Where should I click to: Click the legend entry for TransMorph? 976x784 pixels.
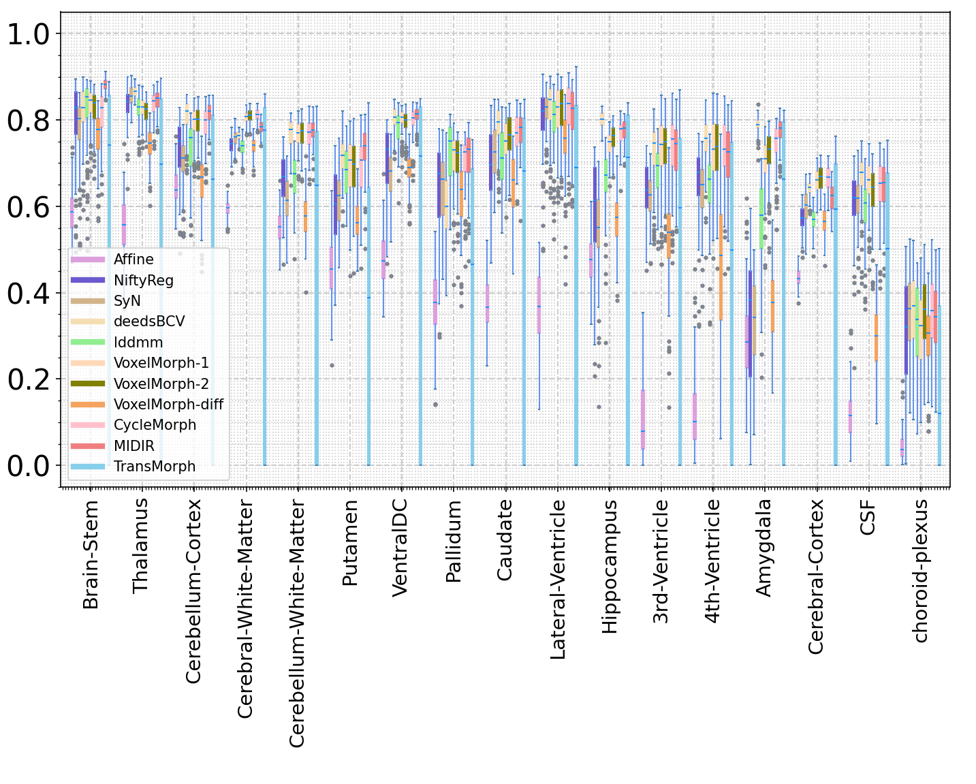(154, 467)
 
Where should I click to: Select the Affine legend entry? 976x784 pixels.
(133, 260)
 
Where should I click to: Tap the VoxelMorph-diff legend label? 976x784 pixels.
(168, 405)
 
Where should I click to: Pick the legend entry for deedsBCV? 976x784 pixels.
(148, 322)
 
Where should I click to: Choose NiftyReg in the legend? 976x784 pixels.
(143, 280)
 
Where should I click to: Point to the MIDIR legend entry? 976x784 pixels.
(133, 446)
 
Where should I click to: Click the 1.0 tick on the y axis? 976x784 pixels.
(29, 34)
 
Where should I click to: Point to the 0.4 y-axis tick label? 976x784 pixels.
(29, 293)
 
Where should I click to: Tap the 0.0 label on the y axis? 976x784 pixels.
(29, 466)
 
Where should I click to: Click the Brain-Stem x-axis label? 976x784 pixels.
(91, 555)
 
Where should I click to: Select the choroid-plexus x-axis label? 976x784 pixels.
(920, 571)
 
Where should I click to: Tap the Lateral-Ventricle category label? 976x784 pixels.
(558, 579)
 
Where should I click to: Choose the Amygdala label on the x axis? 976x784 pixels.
(765, 548)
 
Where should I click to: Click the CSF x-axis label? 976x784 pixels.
(868, 517)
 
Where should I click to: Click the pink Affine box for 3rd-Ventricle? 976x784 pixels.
(643, 420)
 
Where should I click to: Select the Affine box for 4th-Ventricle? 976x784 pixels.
(695, 416)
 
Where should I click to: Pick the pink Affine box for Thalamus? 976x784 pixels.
(124, 225)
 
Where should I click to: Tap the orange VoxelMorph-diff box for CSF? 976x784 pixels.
(876, 338)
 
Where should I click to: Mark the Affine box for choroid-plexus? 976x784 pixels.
(902, 448)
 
